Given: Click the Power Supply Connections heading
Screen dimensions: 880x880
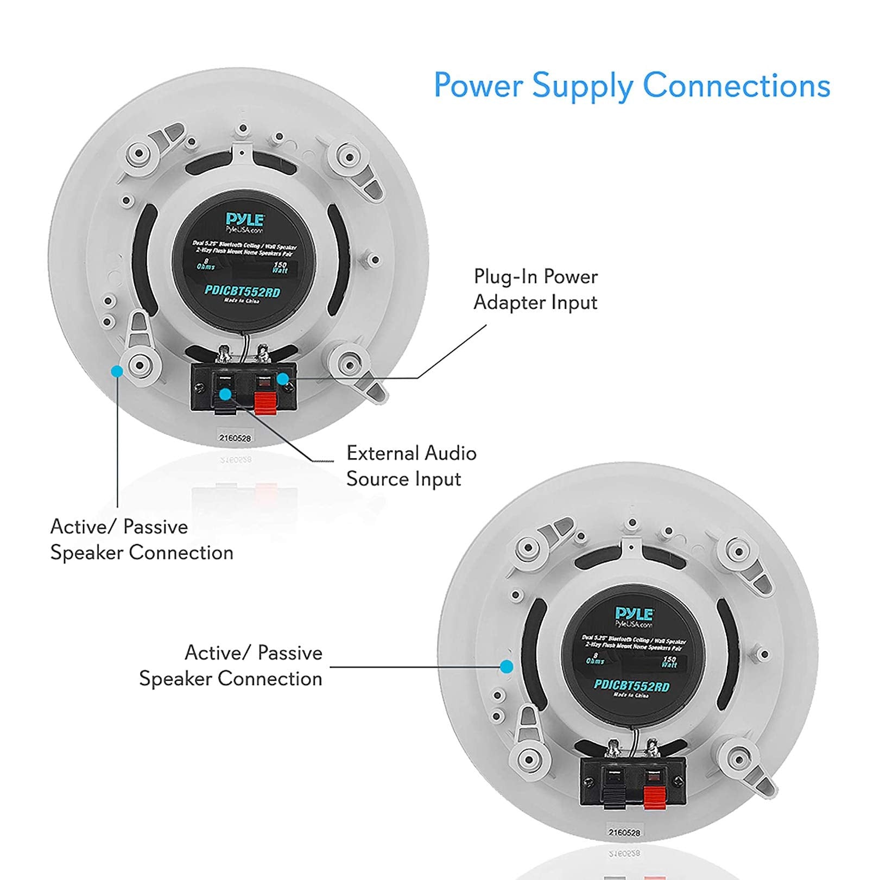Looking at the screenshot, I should coord(631,86).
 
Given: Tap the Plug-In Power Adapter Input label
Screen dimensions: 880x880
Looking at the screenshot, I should coord(535,289).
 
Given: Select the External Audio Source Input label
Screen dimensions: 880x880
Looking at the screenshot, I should coord(411,466).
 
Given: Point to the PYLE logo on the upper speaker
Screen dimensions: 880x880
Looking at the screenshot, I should coord(245,219).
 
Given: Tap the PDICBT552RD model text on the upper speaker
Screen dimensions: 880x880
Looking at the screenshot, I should coord(242,292).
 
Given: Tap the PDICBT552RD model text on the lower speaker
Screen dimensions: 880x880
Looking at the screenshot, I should coord(631,686).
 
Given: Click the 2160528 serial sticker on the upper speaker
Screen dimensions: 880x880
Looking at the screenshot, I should coord(235,438).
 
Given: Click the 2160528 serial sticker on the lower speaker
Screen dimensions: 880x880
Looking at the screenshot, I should coord(624,832).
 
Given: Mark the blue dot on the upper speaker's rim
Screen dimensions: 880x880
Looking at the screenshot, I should coord(117,371).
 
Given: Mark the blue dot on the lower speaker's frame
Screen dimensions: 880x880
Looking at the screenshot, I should coord(507,666).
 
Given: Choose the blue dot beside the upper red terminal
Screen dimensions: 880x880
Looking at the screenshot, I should coord(283,378).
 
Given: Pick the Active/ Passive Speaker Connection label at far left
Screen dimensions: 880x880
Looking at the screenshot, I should coord(141,540).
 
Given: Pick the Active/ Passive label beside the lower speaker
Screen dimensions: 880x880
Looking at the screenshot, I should coord(231,666).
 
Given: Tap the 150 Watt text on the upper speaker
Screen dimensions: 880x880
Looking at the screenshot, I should coord(280,267).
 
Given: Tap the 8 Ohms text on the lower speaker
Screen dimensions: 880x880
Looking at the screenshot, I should coord(595,659).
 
